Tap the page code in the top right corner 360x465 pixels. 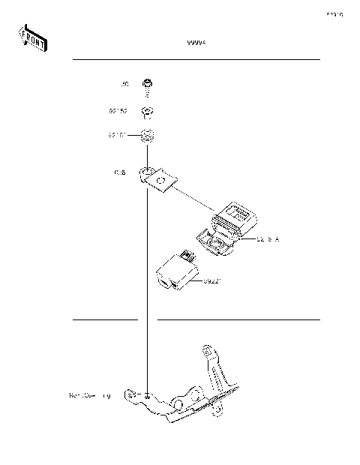pos(334,14)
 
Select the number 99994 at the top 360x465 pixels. pos(196,43)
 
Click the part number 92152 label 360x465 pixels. pos(117,111)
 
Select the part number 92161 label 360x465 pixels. pos(117,136)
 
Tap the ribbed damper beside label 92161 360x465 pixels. pos(148,138)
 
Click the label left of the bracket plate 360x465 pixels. pos(121,173)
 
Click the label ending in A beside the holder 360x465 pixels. pos(267,241)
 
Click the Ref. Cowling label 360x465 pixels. pos(89,394)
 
